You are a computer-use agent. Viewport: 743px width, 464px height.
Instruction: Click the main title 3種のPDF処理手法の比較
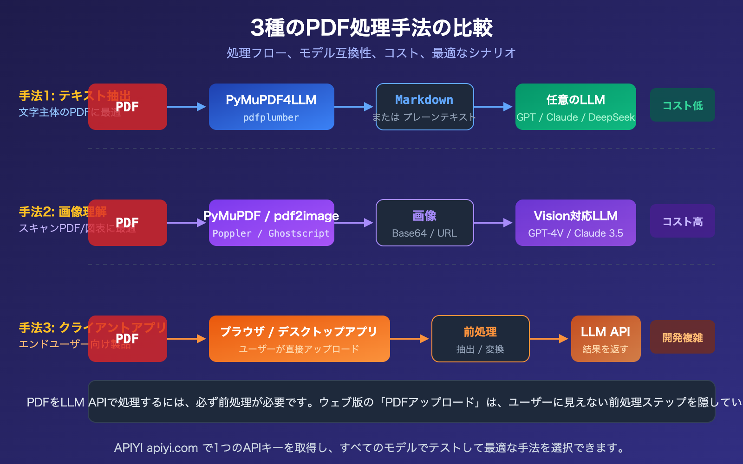[x=371, y=28]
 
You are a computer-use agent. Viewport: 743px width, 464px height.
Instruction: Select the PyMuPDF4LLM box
[x=271, y=107]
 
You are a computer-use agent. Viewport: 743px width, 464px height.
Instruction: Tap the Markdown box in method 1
[x=424, y=107]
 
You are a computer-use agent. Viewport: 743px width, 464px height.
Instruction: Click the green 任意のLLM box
[x=575, y=107]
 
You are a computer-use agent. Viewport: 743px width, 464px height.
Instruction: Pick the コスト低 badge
[x=682, y=105]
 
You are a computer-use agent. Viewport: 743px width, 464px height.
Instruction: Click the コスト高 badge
[x=682, y=221]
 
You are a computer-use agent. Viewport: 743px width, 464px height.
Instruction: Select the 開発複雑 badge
[x=682, y=337]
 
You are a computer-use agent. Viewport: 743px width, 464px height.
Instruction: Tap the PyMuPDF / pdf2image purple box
[x=271, y=223]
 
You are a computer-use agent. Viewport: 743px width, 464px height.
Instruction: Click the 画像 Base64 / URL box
[x=424, y=223]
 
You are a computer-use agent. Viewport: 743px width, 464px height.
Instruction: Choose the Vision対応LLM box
[x=575, y=223]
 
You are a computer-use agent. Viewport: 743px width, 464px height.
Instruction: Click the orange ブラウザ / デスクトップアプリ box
[x=299, y=339]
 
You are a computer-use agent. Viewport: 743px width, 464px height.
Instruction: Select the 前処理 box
[x=480, y=339]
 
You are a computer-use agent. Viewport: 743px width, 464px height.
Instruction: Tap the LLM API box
[x=606, y=339]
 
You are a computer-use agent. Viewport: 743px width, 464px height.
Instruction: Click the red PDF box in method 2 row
[x=127, y=223]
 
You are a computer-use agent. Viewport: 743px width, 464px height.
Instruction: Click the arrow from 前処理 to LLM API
[x=549, y=339]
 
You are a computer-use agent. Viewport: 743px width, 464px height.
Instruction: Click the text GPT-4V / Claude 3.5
[x=575, y=233]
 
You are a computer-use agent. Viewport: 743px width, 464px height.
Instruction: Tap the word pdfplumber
[x=271, y=118]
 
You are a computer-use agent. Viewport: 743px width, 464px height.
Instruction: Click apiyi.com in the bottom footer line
[x=172, y=448]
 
